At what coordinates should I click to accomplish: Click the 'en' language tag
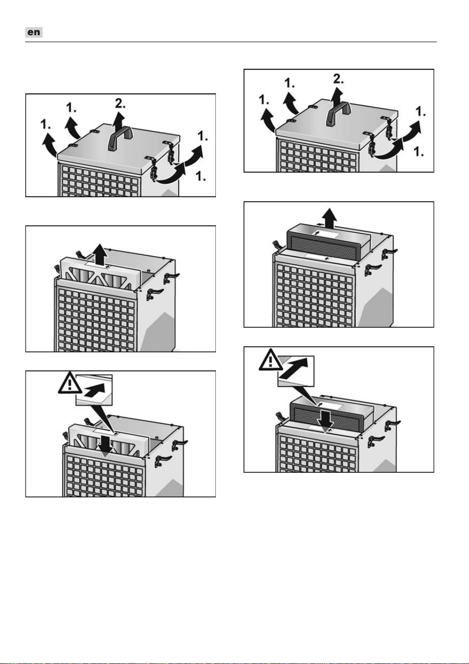tap(34, 32)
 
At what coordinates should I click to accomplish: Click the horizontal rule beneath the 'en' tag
tap(231, 42)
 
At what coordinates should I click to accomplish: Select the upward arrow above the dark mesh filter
tap(329, 218)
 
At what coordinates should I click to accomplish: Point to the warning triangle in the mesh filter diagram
tap(271, 359)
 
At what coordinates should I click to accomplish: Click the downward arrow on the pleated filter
tap(105, 442)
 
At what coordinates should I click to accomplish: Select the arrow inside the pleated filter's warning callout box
tap(94, 389)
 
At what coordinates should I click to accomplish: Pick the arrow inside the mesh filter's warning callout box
tap(293, 367)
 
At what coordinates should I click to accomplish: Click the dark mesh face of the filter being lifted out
tap(324, 246)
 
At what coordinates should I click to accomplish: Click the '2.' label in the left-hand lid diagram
tap(120, 103)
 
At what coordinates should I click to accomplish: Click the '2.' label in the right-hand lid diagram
tap(338, 79)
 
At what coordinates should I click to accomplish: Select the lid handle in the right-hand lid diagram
tap(338, 113)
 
